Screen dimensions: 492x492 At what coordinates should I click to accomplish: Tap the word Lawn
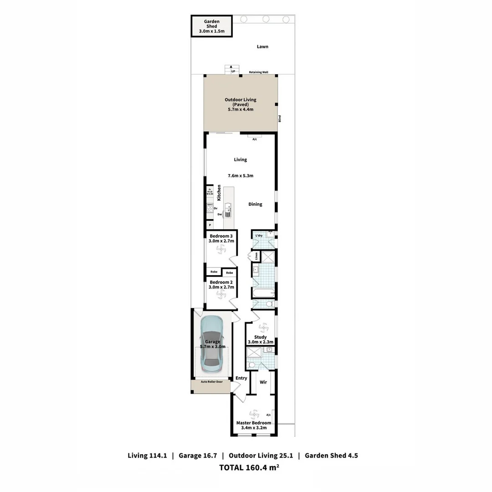(262, 46)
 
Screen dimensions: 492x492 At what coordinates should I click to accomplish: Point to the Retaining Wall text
(258, 72)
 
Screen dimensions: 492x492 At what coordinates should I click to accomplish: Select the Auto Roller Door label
(212, 381)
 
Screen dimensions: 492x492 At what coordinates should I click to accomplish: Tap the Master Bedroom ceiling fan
(254, 415)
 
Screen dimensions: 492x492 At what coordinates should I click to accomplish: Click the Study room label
(260, 337)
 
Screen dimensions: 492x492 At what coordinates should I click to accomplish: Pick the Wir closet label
(263, 382)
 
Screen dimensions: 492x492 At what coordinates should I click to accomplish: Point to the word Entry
(241, 378)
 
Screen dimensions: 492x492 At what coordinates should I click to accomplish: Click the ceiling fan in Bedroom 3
(221, 250)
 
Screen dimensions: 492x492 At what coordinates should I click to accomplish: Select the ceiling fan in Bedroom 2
(221, 295)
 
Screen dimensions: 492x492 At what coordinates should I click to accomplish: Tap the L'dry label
(259, 235)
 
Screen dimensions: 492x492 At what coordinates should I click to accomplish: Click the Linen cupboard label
(256, 256)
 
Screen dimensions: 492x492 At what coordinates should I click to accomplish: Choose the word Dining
(255, 204)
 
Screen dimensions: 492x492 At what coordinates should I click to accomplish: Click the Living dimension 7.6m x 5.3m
(241, 175)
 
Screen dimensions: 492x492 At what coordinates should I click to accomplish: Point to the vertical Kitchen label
(219, 193)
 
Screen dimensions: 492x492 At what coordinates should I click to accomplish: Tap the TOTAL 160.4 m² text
(249, 467)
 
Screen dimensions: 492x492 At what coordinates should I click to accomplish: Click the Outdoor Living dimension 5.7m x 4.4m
(240, 109)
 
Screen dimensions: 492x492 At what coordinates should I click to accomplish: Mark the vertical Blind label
(280, 118)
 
